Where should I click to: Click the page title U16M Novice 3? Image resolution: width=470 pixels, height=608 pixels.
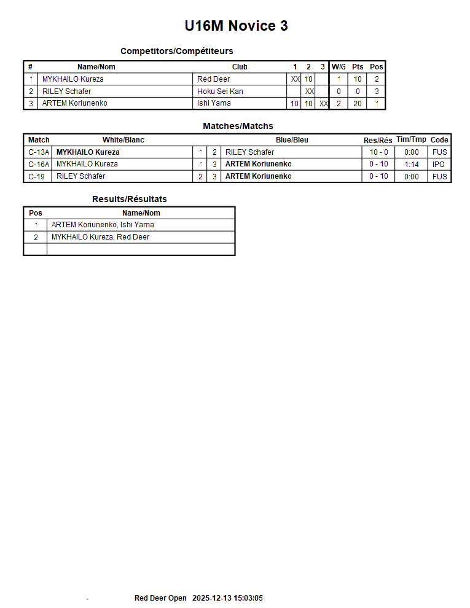pyautogui.click(x=236, y=26)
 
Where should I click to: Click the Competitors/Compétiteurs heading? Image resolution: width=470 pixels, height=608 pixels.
pyautogui.click(x=176, y=51)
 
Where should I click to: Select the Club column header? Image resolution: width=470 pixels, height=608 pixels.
pyautogui.click(x=240, y=67)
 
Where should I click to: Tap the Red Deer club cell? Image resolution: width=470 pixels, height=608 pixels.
pyautogui.click(x=213, y=79)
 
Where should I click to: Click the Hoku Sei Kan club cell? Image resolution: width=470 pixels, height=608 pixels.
pyautogui.click(x=220, y=92)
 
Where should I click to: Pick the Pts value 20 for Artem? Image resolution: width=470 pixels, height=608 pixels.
pyautogui.click(x=358, y=104)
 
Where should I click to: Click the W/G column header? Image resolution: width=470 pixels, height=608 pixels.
pyautogui.click(x=339, y=67)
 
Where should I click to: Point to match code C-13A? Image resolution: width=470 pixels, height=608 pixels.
pyautogui.click(x=39, y=152)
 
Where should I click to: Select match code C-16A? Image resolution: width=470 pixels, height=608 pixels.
pyautogui.click(x=39, y=164)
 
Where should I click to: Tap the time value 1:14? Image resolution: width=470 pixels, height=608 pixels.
pyautogui.click(x=412, y=165)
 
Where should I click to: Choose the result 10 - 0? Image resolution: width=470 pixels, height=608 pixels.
pyautogui.click(x=378, y=152)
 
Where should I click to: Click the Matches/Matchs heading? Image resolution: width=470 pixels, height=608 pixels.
pyautogui.click(x=238, y=126)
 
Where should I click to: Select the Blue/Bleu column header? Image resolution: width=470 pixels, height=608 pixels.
pyautogui.click(x=292, y=140)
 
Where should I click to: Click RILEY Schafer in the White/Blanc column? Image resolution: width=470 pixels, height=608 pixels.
pyautogui.click(x=80, y=176)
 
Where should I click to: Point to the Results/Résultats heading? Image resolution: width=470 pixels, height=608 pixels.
pyautogui.click(x=129, y=199)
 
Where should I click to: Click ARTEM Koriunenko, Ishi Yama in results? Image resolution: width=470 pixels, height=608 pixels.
pyautogui.click(x=103, y=225)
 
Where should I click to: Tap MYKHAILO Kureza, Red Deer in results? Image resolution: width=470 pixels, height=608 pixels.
pyautogui.click(x=100, y=237)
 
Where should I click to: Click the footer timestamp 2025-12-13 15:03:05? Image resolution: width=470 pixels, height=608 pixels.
pyautogui.click(x=227, y=598)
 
